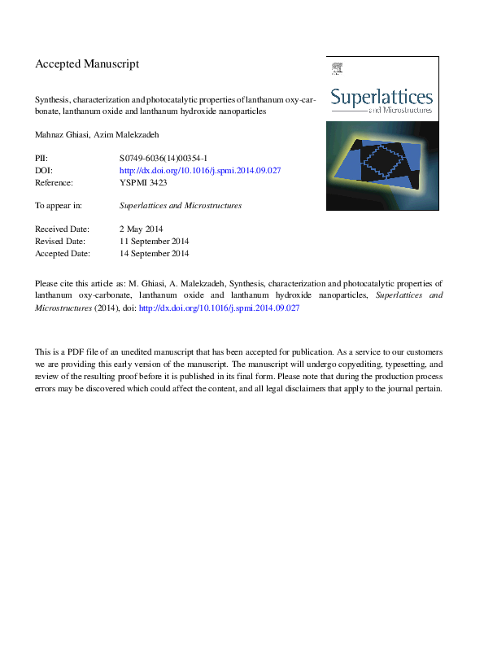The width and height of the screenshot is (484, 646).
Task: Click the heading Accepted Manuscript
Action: click(x=87, y=63)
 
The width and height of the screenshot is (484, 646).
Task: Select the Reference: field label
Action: click(x=55, y=183)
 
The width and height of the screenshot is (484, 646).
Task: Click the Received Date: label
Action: click(x=62, y=229)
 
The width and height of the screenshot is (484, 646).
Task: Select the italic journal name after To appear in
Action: click(x=180, y=206)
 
